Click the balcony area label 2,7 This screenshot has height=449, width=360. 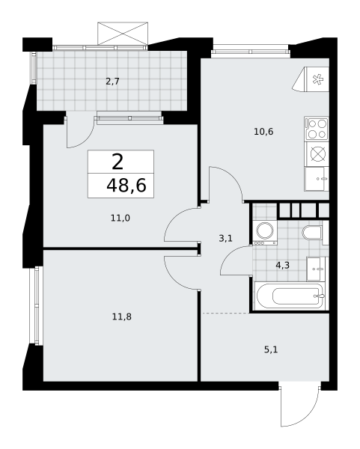click(x=112, y=82)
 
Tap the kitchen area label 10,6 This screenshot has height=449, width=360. click(x=263, y=132)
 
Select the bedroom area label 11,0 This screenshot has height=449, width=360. click(x=120, y=219)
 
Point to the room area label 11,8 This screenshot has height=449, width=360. click(x=122, y=317)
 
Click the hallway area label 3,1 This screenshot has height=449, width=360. click(x=226, y=238)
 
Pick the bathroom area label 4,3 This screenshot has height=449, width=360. click(x=282, y=265)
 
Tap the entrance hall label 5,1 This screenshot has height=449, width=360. click(x=271, y=349)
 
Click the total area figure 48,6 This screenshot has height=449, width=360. click(x=126, y=186)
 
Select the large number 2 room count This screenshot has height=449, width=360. click(x=118, y=162)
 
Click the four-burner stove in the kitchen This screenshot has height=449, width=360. click(x=317, y=128)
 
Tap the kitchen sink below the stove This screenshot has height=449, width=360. click(x=317, y=179)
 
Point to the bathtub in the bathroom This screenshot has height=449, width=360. click(x=290, y=296)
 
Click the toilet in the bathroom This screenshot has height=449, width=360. click(x=313, y=233)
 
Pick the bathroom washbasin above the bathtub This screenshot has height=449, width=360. click(x=316, y=269)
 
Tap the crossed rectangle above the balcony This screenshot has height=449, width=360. click(x=123, y=34)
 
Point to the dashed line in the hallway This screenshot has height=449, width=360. click(x=226, y=313)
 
